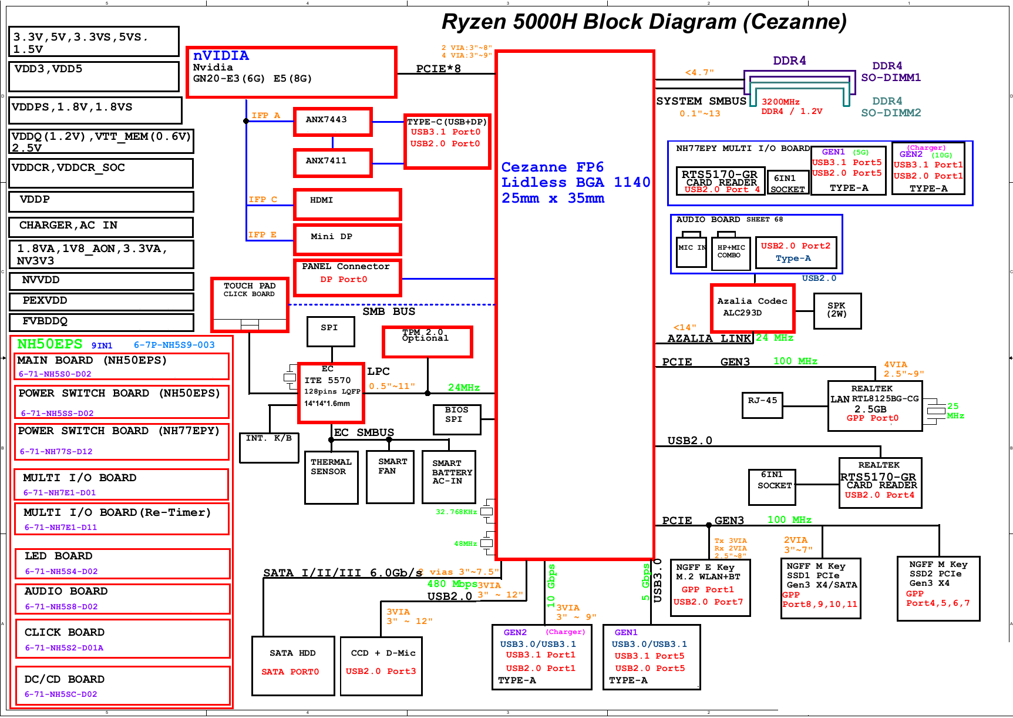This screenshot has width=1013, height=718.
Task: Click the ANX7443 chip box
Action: pos(332,122)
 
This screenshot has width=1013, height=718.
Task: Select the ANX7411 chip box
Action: pos(332,162)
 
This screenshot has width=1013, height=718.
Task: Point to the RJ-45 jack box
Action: pos(762,405)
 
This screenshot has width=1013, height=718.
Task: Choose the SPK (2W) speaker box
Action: pos(837,310)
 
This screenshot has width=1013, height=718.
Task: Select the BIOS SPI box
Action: pos(457,419)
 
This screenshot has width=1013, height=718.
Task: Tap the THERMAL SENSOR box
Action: pos(331,477)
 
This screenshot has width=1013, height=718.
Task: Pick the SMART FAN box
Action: pos(390,477)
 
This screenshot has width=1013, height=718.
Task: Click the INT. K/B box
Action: pos(269,447)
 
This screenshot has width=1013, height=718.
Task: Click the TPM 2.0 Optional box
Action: pos(427,341)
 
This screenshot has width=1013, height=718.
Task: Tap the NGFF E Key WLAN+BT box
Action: pos(710,587)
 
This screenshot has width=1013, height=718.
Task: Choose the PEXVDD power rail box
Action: pos(102,301)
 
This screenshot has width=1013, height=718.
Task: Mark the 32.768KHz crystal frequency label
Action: pos(456,512)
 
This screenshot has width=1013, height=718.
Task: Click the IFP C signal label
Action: pos(262,200)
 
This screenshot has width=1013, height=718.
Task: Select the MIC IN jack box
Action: pos(691,251)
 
